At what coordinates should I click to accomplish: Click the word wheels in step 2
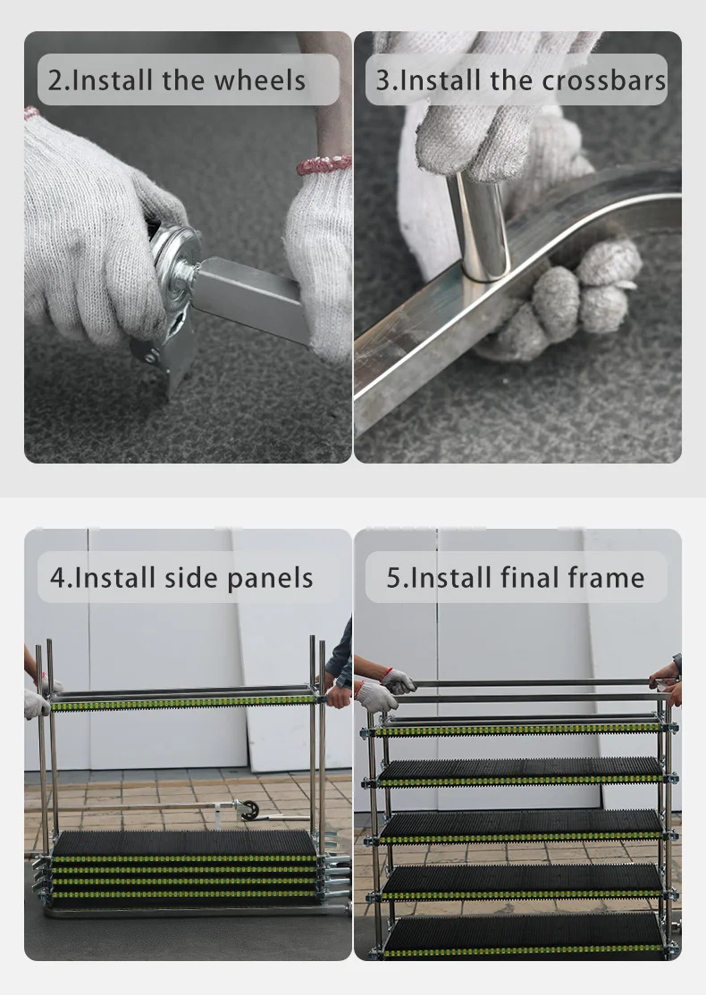[259, 80]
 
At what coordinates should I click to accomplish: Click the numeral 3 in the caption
[383, 80]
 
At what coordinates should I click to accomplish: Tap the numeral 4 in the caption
[58, 578]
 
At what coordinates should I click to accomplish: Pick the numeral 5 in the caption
[394, 578]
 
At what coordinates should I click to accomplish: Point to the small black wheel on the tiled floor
[251, 810]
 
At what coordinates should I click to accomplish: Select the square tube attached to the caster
[251, 298]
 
